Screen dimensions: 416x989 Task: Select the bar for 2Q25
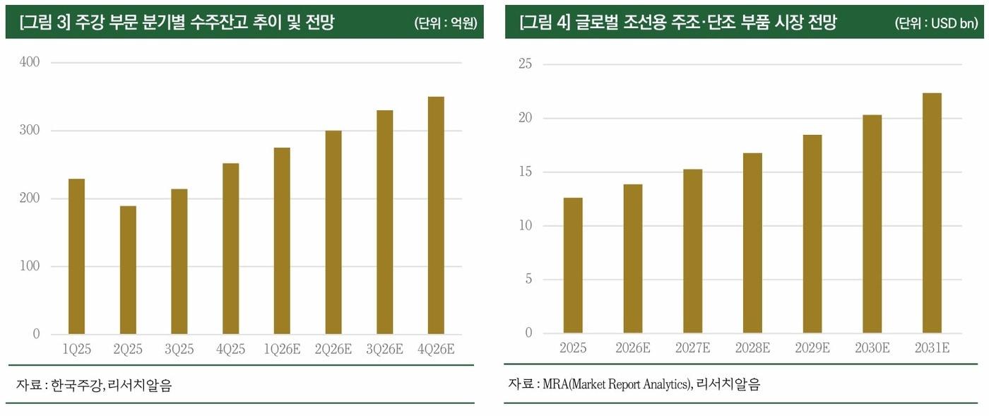(x=128, y=270)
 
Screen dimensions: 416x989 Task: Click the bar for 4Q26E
(x=436, y=215)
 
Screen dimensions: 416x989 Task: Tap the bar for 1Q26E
(x=282, y=241)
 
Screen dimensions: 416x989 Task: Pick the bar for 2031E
(x=932, y=213)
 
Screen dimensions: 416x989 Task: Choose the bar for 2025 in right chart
(x=573, y=266)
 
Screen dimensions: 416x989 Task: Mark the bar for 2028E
(x=752, y=243)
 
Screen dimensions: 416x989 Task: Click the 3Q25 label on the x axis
(x=179, y=349)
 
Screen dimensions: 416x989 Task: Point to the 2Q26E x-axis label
(x=333, y=349)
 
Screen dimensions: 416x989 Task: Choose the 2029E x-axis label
(x=812, y=348)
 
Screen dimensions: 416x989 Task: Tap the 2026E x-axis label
(x=633, y=348)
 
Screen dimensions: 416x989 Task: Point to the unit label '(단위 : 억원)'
(x=445, y=23)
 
